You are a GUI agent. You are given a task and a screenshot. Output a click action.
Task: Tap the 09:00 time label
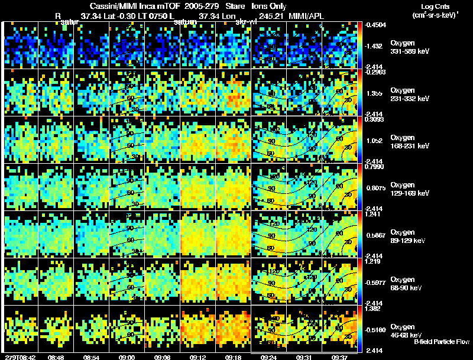tap(126, 357)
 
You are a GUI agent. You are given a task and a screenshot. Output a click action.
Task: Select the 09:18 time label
tap(232, 357)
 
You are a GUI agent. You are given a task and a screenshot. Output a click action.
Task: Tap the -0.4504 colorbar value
tap(375, 25)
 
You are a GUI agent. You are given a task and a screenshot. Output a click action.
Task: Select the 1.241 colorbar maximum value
tap(372, 215)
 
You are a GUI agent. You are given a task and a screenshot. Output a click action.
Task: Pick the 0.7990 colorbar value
tap(374, 167)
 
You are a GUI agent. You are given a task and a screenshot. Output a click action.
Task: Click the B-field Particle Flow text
tap(441, 342)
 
